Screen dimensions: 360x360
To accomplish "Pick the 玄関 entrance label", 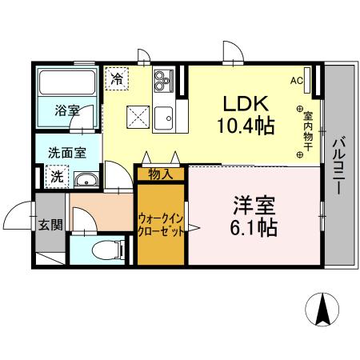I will pyautogui.click(x=50, y=225).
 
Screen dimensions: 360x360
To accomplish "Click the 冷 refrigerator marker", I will pyautogui.click(x=117, y=79).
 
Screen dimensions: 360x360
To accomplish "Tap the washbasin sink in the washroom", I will pyautogui.click(x=88, y=180).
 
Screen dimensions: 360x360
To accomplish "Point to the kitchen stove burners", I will pyautogui.click(x=163, y=80).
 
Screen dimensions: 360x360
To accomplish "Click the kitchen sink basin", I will pyautogui.click(x=166, y=115).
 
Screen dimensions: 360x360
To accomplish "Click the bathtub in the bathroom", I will pyautogui.click(x=67, y=82).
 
